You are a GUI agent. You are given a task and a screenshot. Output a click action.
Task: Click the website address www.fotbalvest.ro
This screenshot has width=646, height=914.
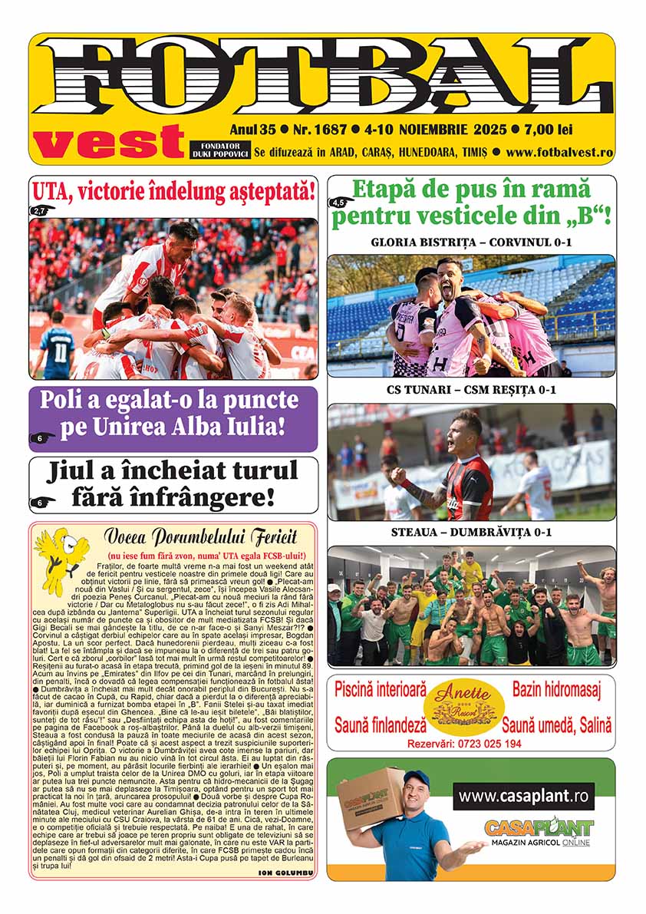(559, 152)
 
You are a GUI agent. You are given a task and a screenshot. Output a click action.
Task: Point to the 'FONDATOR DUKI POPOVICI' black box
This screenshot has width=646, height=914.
(217, 150)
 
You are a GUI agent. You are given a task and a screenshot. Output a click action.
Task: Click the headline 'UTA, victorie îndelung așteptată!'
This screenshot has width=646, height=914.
(173, 190)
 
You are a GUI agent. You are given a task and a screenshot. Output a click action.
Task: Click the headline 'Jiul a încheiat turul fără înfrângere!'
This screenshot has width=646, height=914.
(173, 484)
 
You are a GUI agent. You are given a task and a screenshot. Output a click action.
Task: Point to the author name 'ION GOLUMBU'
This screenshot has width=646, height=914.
(286, 873)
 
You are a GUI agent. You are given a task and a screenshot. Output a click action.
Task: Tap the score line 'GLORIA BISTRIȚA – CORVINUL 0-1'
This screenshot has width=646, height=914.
(471, 243)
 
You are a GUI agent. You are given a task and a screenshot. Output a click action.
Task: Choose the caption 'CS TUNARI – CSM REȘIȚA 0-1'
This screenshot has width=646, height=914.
(471, 391)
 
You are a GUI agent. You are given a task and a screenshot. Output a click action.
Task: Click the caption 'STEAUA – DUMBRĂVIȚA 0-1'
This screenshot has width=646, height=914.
(471, 532)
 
